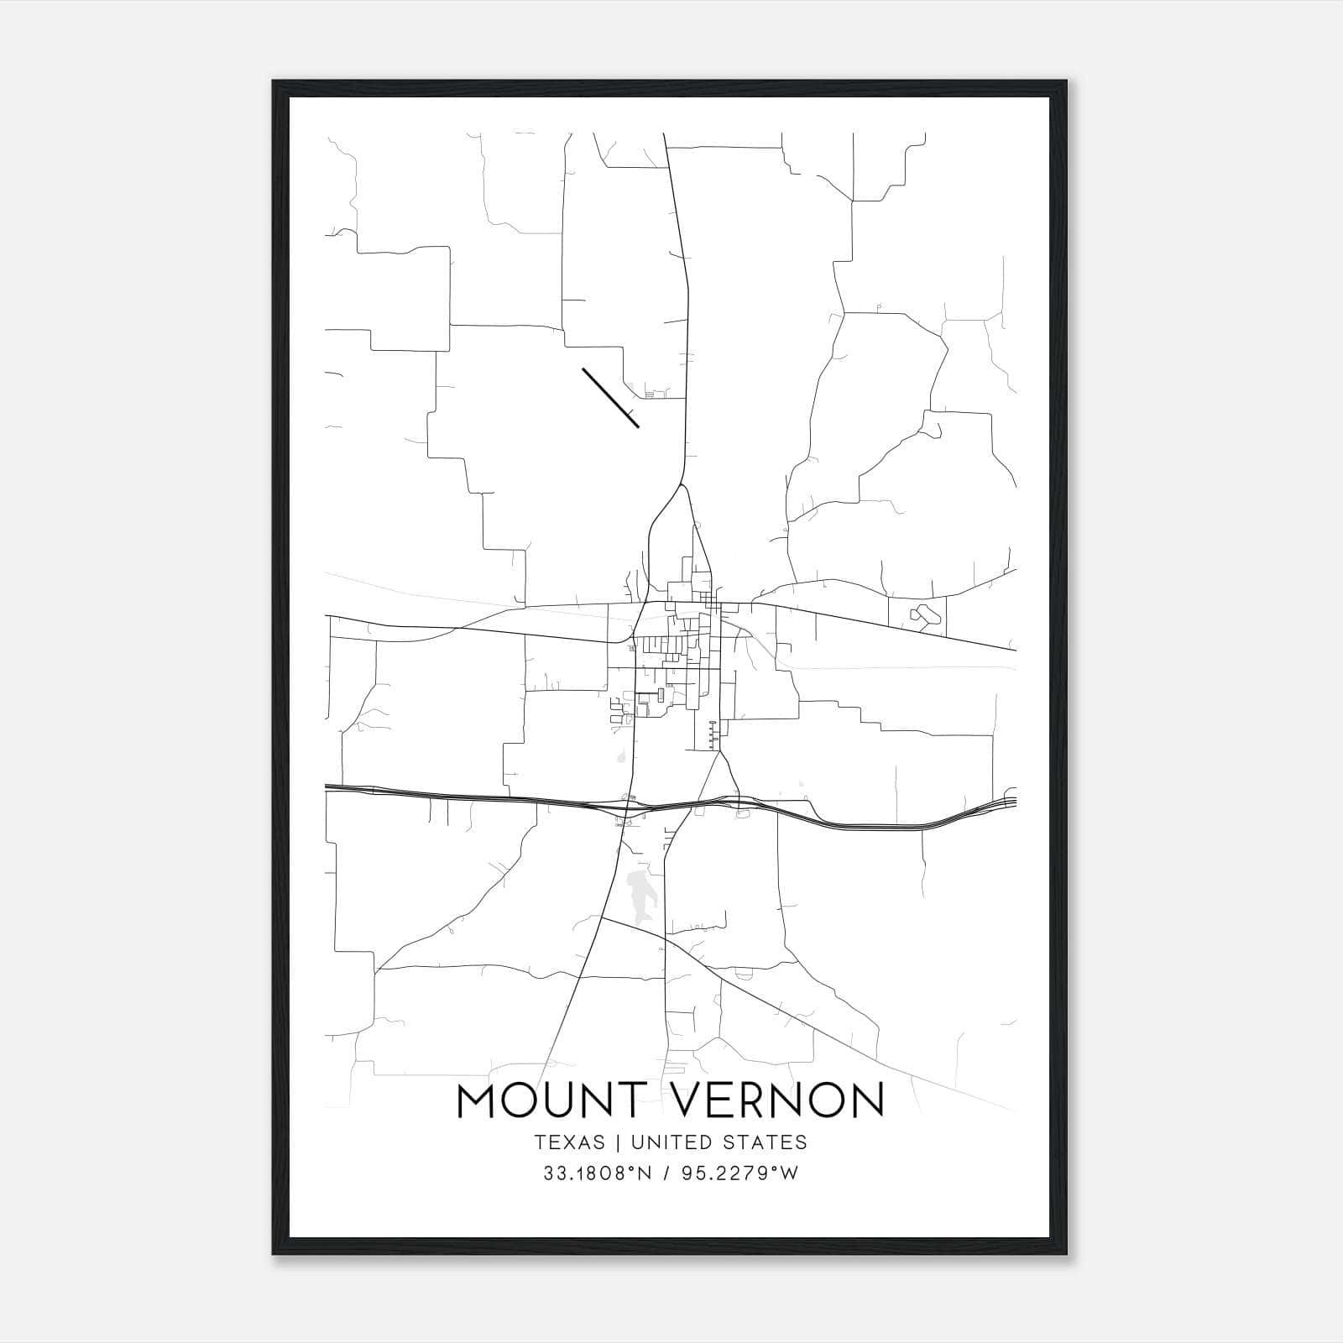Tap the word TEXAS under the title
point(568,1142)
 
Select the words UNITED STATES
point(719,1142)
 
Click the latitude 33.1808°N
point(597,1173)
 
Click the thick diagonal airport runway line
point(610,397)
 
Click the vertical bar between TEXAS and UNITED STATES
point(618,1142)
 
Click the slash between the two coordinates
point(666,1173)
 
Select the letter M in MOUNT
point(476,1100)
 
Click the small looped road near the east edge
point(922,615)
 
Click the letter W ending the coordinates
point(789,1173)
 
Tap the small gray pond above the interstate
point(622,759)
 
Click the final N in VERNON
point(868,1100)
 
